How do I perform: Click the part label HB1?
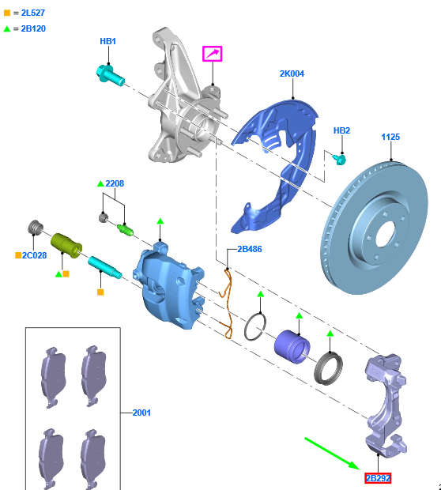(x=107, y=41)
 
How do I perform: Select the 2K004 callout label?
(x=292, y=73)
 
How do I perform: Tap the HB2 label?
(x=341, y=130)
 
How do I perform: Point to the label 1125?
(x=390, y=137)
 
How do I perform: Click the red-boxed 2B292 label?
(x=378, y=478)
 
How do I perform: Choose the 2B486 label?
(x=250, y=249)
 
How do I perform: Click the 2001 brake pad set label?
(x=141, y=413)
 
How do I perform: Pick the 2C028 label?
(x=35, y=255)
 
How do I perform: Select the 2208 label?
(x=115, y=183)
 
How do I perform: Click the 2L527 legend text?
(x=33, y=13)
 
